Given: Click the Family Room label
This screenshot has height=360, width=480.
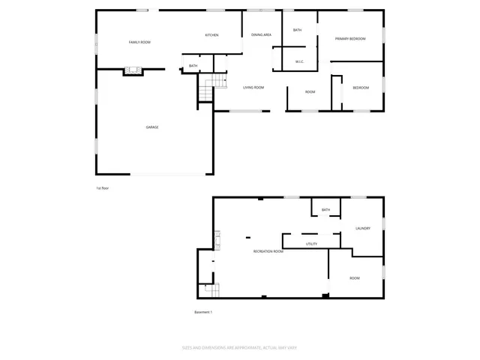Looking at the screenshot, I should (139, 42).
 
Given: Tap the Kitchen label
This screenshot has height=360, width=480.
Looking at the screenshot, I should (212, 35).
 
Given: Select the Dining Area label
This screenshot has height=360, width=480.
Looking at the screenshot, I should (261, 34).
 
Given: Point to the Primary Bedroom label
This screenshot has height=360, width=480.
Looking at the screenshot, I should (350, 38).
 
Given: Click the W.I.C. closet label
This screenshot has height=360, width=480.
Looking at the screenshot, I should (299, 61).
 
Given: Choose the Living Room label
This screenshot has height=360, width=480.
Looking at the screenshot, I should (253, 88).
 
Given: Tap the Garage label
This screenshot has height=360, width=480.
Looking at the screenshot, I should (152, 127).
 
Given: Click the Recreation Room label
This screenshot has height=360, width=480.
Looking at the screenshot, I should (268, 251).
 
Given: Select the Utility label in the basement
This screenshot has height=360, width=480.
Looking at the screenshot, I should (312, 244).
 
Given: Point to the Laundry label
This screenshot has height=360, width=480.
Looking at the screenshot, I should (363, 228).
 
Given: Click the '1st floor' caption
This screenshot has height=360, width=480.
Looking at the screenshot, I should (103, 187).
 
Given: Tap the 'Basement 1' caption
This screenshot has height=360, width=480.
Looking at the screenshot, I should (204, 312).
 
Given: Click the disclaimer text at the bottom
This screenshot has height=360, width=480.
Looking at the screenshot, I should (245, 347).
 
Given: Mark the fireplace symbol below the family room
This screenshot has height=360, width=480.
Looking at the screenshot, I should (133, 71).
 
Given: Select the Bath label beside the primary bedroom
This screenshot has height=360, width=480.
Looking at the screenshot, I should (297, 30).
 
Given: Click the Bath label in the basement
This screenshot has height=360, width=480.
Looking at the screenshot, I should (325, 210).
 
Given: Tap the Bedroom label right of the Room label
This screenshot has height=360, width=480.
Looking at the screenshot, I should (361, 88).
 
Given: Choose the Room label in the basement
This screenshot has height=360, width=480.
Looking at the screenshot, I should (355, 278).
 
